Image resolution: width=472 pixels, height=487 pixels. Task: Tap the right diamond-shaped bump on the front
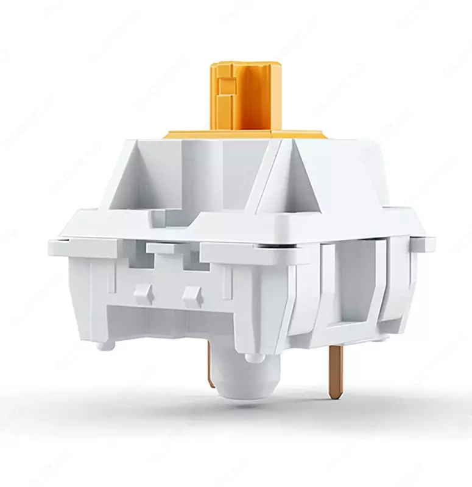pyautogui.click(x=192, y=295)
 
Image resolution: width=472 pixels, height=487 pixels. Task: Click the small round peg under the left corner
pyautogui.click(x=107, y=345)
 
